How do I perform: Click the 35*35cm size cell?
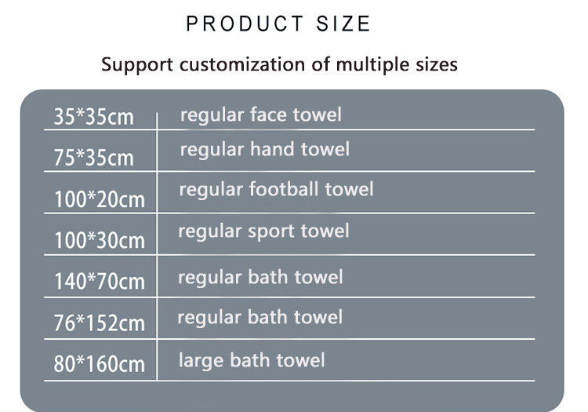pos(94,116)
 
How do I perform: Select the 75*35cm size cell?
pos(94,158)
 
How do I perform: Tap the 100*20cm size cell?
pos(100,199)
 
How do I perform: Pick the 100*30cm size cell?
pos(100,240)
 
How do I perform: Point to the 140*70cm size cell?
pos(100,282)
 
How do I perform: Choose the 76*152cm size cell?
pos(99,323)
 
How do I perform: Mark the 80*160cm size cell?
pos(99,364)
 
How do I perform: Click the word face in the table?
pos(268,115)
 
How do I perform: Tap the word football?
pos(284,189)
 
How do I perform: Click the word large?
pos(201,361)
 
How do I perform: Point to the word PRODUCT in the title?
pos(245,24)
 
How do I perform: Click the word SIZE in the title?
pos(343,24)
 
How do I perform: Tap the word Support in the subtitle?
pos(137,65)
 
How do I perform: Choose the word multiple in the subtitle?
pos(372,65)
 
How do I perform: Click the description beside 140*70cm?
pos(260,278)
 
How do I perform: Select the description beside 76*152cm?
pos(260,318)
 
